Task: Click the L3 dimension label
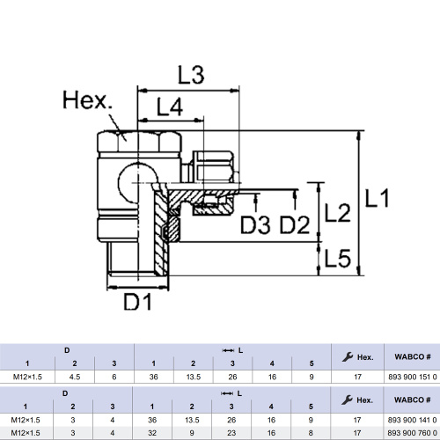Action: (x=191, y=75)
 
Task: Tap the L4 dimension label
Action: (x=170, y=106)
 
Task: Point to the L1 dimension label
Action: (x=378, y=198)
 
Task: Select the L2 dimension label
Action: (x=338, y=213)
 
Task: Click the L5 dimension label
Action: (x=338, y=258)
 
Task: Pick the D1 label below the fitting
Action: (x=138, y=302)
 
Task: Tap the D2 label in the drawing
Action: (x=295, y=224)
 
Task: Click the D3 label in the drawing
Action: (x=255, y=224)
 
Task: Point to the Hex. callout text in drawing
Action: (x=87, y=100)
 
